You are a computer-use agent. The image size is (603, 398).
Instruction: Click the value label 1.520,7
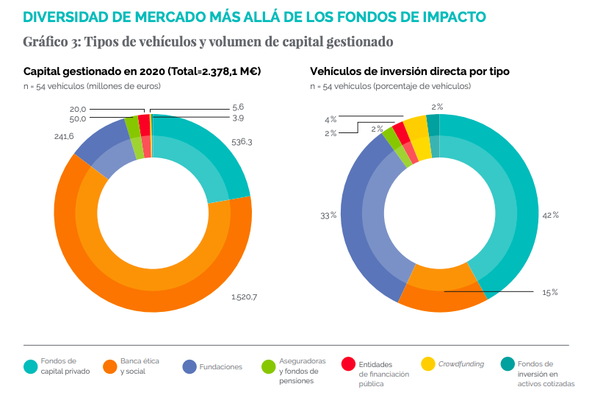tap(244, 297)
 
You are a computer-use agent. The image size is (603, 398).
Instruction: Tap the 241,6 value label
tap(64, 137)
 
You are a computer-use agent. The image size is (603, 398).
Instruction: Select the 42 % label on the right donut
tap(550, 215)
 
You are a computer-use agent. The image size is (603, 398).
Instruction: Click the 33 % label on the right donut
tap(328, 216)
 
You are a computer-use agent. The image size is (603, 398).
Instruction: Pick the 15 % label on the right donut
tap(549, 292)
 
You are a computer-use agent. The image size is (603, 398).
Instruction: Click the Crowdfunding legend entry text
tap(461, 364)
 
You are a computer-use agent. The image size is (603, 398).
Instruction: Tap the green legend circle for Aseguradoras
tap(268, 366)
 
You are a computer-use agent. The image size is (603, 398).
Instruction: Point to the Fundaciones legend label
tap(220, 366)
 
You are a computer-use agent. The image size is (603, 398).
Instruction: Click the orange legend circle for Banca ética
tap(109, 366)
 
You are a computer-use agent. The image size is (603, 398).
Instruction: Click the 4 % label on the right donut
tap(331, 118)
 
